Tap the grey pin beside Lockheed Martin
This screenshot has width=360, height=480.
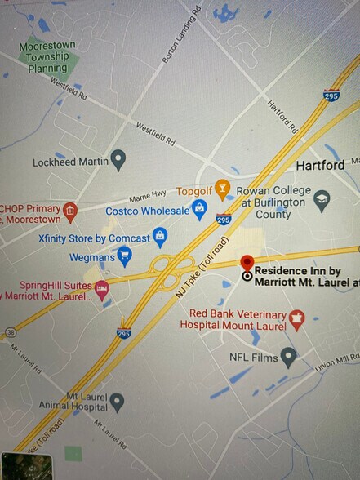pos(118,159)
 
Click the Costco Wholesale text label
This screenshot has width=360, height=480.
pos(147,211)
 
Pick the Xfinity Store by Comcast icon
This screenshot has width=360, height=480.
pos(160,237)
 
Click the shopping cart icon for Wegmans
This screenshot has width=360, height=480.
pos(124,257)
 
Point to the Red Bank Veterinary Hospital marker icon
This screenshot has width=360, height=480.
pos(296,319)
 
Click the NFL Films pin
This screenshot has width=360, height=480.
pos(287,356)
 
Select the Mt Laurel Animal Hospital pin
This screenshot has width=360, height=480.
pos(117,401)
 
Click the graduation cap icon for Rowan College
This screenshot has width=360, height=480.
pos(322,199)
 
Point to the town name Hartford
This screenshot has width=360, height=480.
pos(320,165)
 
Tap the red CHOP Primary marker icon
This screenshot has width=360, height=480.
pos(70,211)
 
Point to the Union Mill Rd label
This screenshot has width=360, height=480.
pos(336,362)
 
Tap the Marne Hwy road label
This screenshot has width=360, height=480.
pos(148,194)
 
